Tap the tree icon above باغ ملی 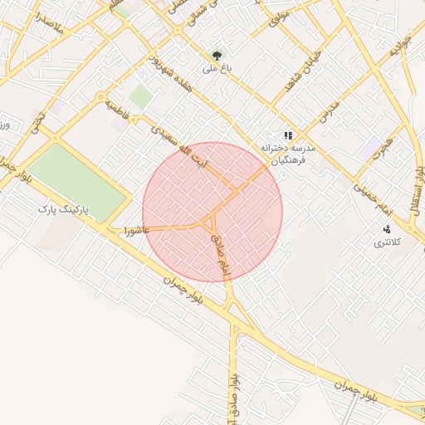218,56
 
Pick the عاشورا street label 135,227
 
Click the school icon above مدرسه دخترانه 287,134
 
